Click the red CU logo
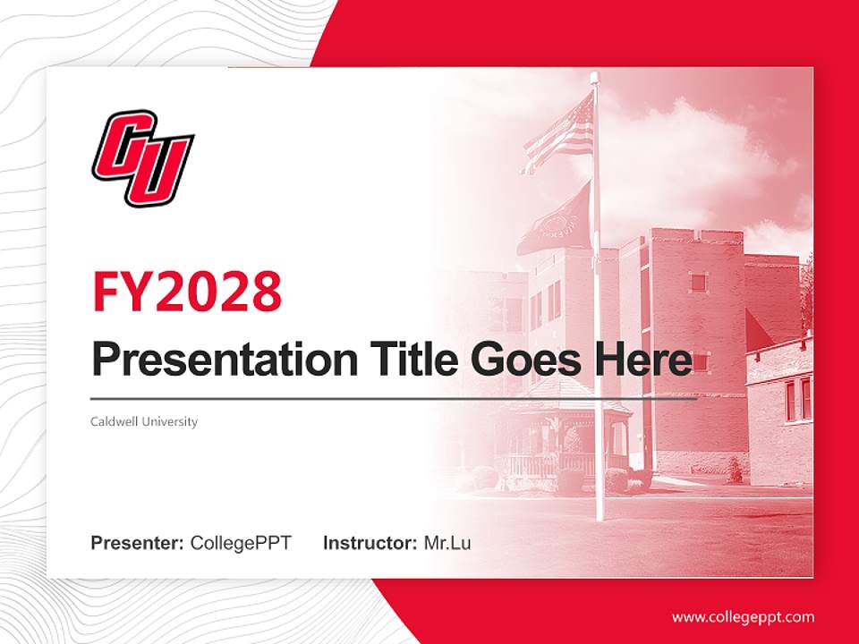(x=143, y=157)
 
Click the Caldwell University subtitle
(x=144, y=421)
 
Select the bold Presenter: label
(x=138, y=543)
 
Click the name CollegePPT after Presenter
(x=241, y=543)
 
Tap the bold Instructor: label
(x=370, y=543)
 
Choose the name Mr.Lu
(x=447, y=543)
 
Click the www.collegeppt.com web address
(x=743, y=616)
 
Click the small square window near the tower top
(x=698, y=283)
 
